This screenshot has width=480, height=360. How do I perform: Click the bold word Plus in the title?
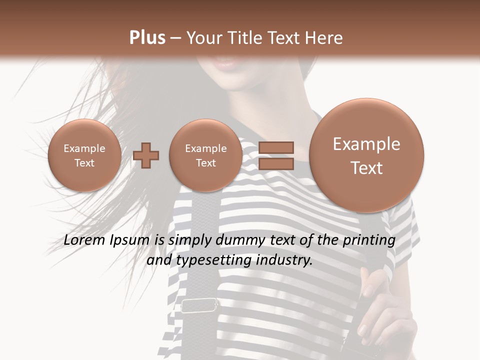point(147,38)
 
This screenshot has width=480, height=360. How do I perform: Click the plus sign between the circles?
point(146,155)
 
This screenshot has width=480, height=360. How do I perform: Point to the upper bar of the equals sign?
point(275,147)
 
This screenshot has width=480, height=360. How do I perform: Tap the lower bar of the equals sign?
point(275,164)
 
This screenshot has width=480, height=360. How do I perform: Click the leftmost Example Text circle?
point(84,155)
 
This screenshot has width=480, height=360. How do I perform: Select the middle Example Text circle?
point(205,155)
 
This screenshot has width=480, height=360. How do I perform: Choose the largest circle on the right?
point(366,155)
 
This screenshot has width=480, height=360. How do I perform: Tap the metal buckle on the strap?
point(199,305)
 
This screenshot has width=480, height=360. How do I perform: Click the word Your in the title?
point(205,38)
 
